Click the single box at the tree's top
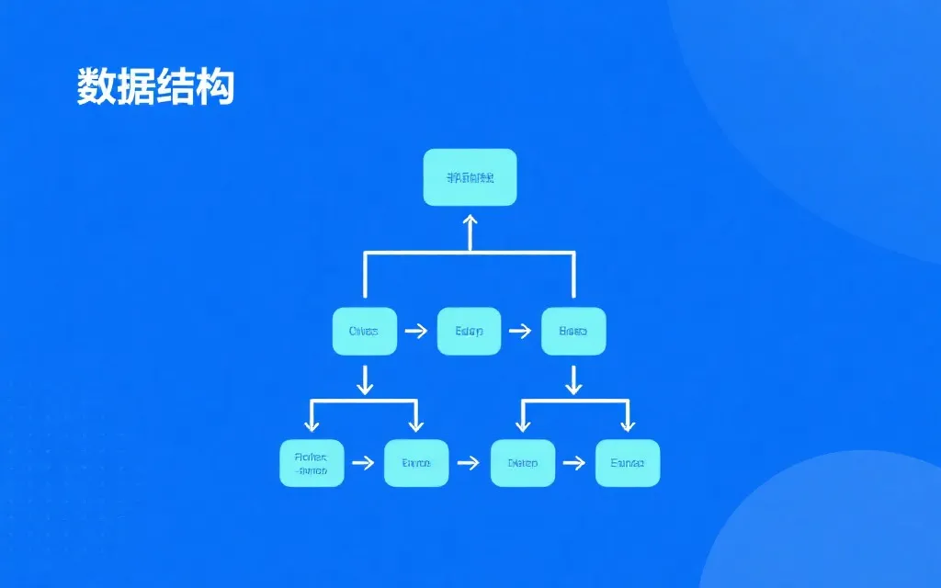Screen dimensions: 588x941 click(470, 177)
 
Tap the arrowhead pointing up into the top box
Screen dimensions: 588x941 click(470, 220)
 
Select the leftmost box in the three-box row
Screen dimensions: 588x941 click(364, 331)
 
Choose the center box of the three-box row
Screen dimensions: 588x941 click(469, 331)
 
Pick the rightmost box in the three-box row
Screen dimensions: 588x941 click(573, 331)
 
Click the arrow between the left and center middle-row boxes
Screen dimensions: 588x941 click(416, 331)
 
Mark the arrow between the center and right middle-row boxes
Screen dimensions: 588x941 click(521, 331)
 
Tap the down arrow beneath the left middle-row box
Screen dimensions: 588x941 click(365, 379)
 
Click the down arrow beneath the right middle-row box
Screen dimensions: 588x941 click(573, 379)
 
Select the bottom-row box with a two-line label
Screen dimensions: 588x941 click(312, 463)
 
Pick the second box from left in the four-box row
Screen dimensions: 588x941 click(416, 463)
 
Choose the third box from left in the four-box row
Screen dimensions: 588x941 click(522, 463)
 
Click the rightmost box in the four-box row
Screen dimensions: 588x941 click(628, 463)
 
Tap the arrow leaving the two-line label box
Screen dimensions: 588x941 click(364, 463)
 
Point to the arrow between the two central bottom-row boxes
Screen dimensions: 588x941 click(469, 463)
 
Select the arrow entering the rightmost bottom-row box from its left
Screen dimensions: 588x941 click(574, 463)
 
